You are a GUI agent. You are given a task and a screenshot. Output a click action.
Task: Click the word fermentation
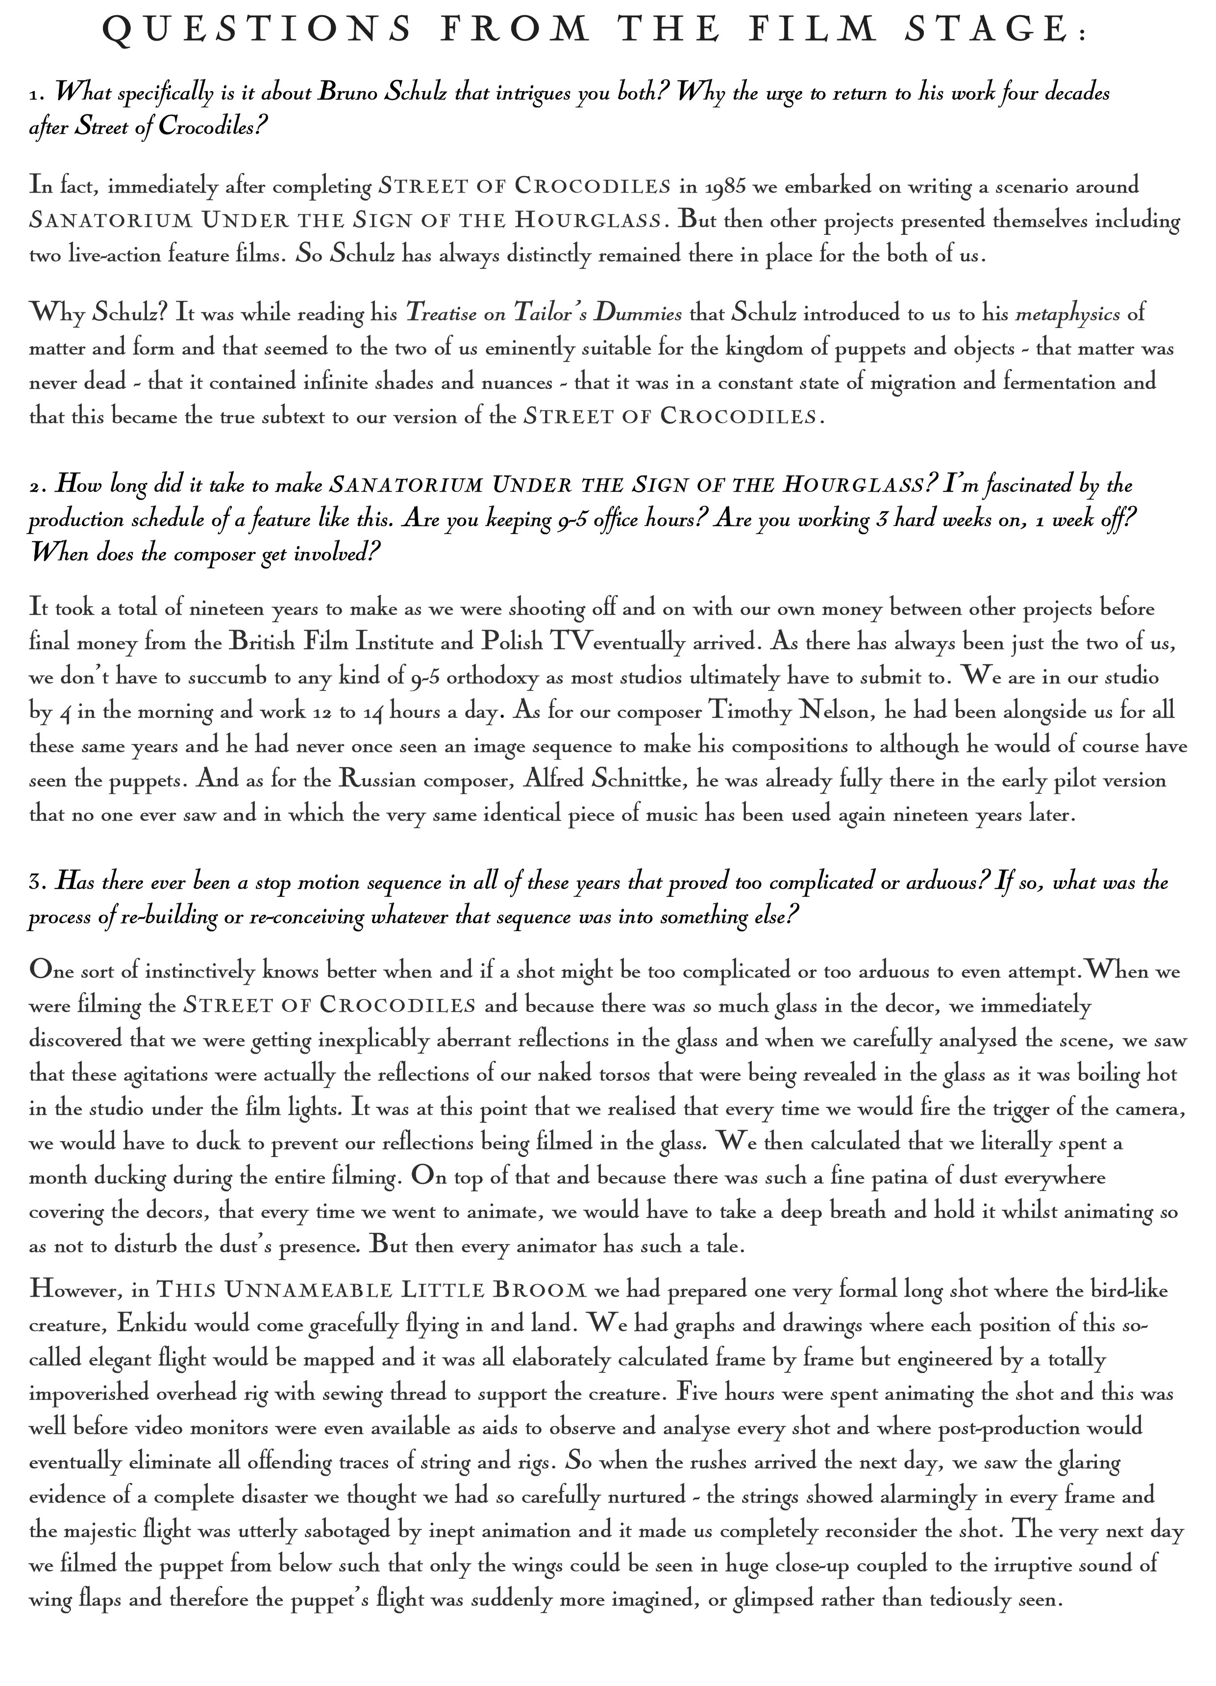[x=1056, y=382]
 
